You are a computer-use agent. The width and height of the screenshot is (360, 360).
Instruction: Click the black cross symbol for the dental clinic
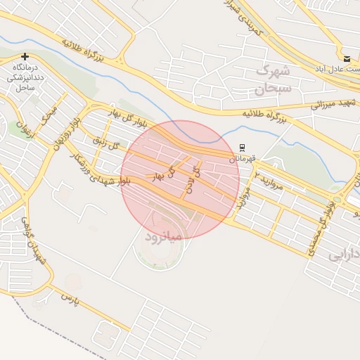pyautogui.click(x=25, y=56)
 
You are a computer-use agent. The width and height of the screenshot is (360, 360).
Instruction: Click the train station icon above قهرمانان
pyautogui.click(x=243, y=148)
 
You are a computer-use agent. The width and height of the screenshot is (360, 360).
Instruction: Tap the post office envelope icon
pyautogui.click(x=347, y=58)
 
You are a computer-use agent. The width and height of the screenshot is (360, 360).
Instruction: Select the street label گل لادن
pyautogui.click(x=191, y=180)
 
